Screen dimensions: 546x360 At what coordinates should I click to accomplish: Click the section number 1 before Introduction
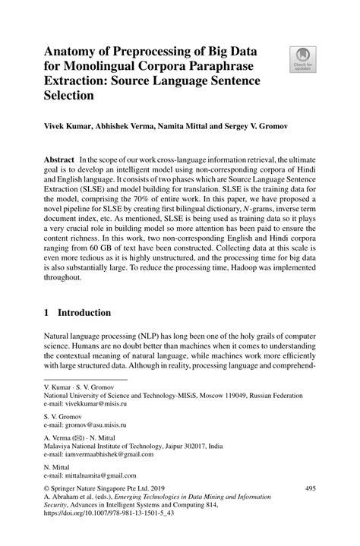tap(47, 313)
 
